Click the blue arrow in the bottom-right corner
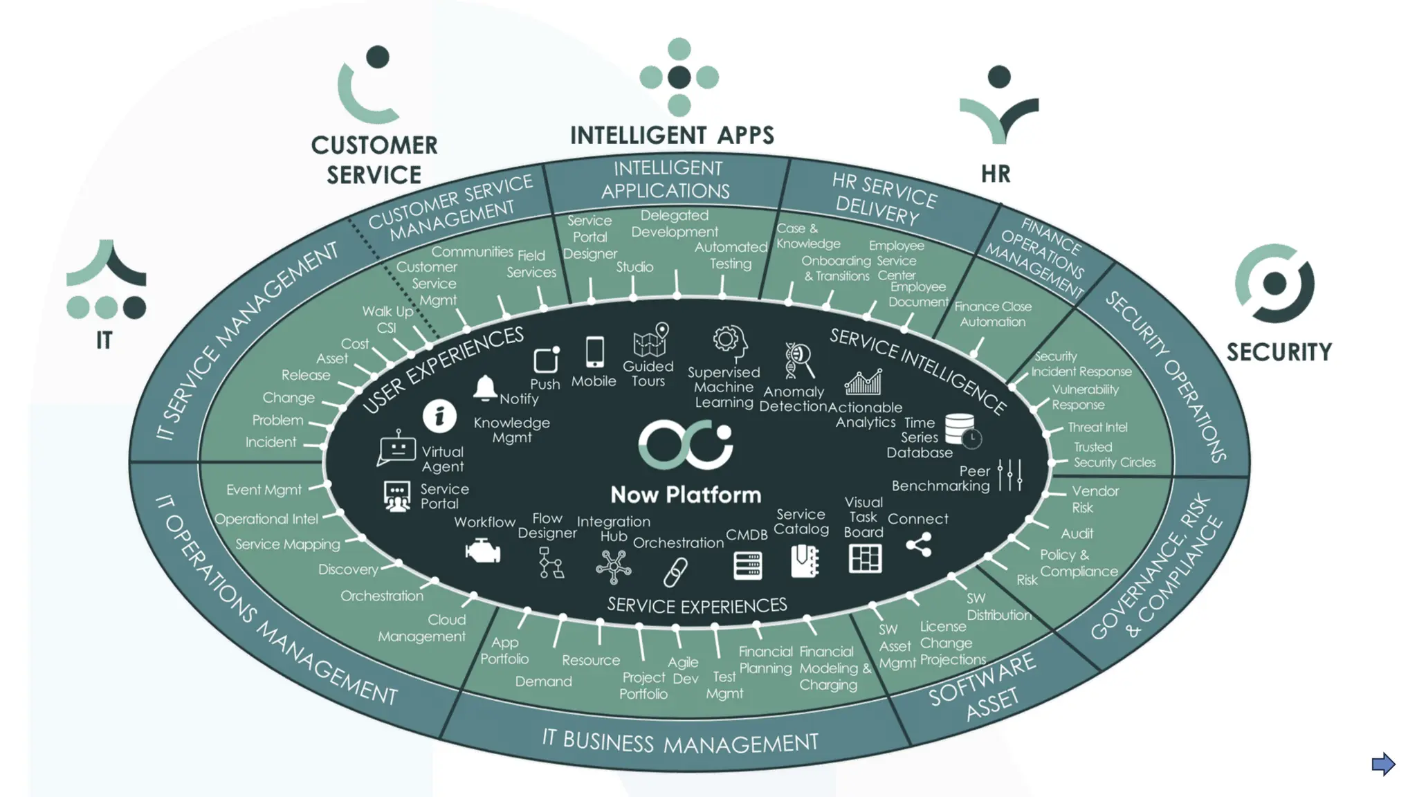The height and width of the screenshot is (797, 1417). tap(1383, 764)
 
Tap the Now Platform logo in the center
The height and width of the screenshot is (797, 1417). tap(685, 444)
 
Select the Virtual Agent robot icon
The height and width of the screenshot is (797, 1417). tap(396, 448)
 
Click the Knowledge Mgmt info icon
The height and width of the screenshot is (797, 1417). tap(439, 416)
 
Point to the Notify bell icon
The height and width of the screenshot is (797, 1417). tap(485, 388)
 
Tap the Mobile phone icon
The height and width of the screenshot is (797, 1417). tap(594, 352)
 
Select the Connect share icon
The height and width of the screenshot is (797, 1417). tap(919, 545)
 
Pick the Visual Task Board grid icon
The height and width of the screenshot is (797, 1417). tap(865, 558)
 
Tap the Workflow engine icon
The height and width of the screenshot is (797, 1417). tap(483, 552)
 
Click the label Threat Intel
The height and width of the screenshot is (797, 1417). tap(1097, 428)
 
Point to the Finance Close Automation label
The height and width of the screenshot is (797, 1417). tap(992, 314)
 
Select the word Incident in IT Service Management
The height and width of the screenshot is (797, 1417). tap(271, 442)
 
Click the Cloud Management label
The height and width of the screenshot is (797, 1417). tap(422, 628)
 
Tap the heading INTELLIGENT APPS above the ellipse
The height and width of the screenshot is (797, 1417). tap(672, 136)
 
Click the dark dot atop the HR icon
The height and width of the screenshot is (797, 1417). tap(999, 77)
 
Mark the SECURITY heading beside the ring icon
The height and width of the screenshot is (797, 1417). tap(1279, 352)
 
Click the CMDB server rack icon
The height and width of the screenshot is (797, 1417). tap(748, 565)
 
